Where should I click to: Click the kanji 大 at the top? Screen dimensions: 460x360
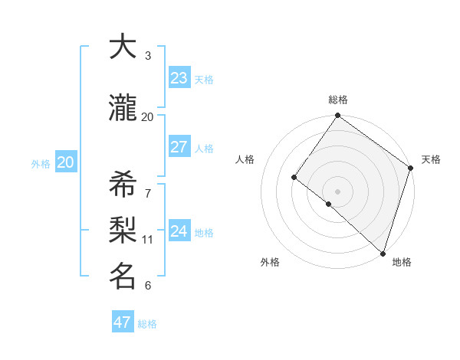tap(123, 47)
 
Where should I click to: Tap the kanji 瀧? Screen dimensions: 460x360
tap(123, 109)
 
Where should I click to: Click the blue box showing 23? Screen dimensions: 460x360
tap(179, 78)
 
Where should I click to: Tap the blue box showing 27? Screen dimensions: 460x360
tap(179, 147)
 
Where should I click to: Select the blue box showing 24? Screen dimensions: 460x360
tap(179, 231)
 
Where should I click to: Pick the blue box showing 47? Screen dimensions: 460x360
tap(123, 322)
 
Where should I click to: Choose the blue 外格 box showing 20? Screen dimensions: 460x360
tap(66, 162)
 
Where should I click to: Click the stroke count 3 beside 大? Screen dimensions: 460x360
tap(148, 55)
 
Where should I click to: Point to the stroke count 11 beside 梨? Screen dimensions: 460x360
tap(148, 239)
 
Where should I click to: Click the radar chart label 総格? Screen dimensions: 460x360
tap(337, 100)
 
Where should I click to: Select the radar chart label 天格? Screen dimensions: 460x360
tap(431, 159)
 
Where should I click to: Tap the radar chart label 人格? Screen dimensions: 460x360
tap(245, 159)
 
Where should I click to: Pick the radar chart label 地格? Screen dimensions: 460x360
tap(402, 262)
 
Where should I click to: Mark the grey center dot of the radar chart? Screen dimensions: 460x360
tap(337, 191)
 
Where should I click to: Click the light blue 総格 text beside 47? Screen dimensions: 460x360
tap(147, 324)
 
